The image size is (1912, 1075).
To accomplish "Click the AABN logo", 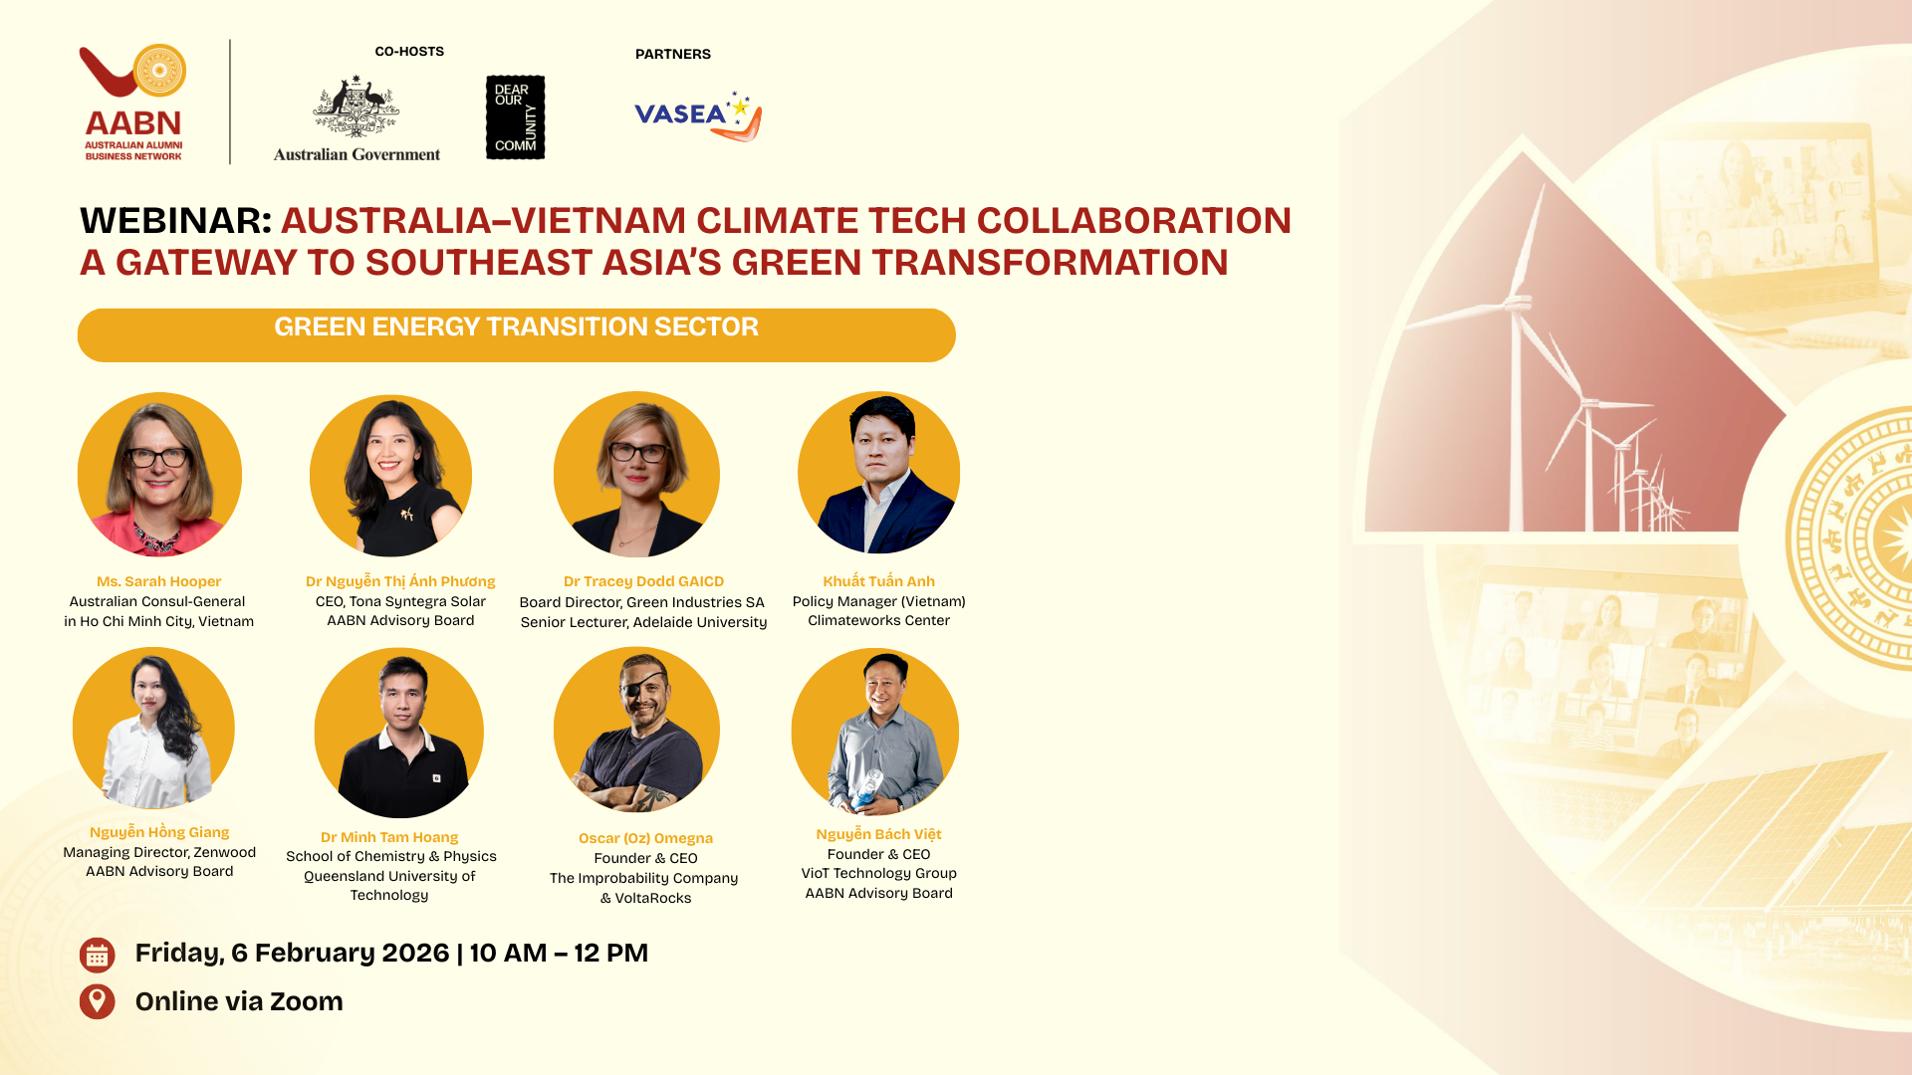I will tap(133, 103).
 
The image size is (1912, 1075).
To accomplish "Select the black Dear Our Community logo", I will tap(515, 117).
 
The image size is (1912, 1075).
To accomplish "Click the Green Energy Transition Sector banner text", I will tap(516, 327).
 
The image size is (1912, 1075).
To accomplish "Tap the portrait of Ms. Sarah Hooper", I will tap(159, 475).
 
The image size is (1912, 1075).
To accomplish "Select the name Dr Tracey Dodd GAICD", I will tap(643, 581).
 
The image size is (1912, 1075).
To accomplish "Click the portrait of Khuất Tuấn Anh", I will tap(878, 473).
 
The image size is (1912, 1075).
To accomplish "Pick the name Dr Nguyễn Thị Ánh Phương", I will tap(400, 581).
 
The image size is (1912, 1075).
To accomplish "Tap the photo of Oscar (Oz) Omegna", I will tap(636, 730).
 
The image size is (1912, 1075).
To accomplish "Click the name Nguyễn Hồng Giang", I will tap(159, 832).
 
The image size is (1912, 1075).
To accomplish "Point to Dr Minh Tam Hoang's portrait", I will tap(398, 733).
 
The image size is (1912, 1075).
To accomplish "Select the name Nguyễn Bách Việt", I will tap(878, 834).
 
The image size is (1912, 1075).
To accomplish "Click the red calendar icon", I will tap(97, 956).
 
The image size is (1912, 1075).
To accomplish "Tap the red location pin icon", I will tap(97, 1001).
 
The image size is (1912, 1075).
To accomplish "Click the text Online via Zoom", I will tap(239, 1001).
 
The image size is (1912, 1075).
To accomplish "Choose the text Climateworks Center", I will tap(878, 620).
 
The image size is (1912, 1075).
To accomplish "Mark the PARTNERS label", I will tap(673, 54).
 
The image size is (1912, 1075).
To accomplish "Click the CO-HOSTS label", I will tap(409, 52).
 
